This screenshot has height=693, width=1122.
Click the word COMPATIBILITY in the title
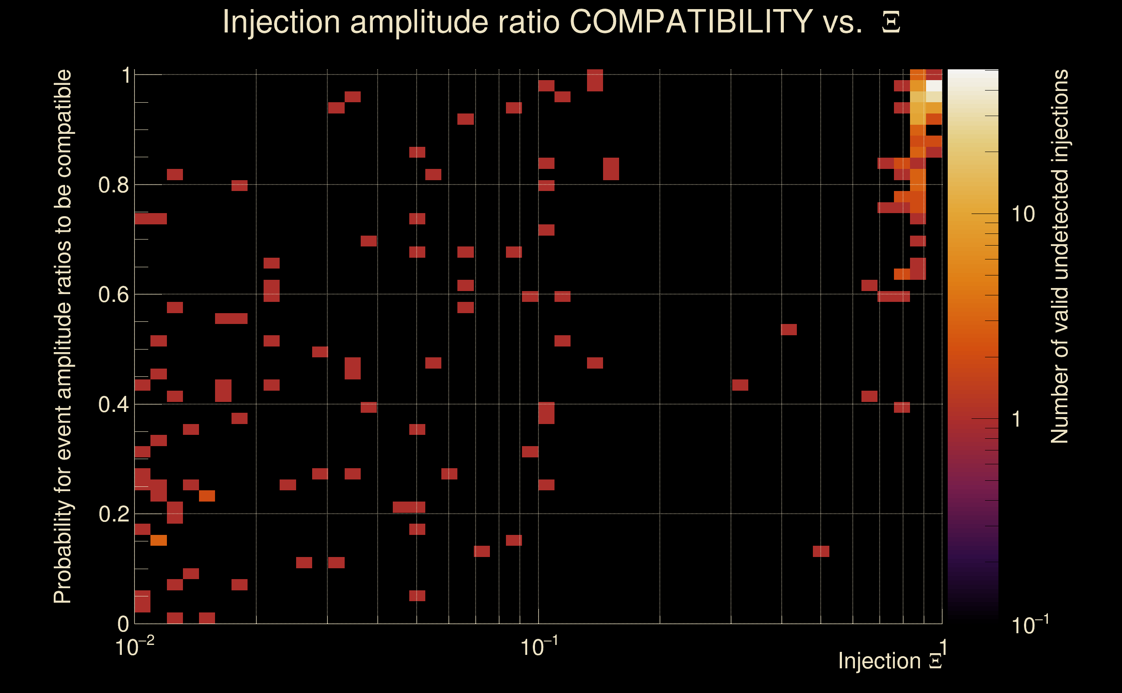point(691,22)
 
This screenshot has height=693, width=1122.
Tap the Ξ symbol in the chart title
point(891,23)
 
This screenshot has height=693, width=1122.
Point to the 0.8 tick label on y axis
point(113,185)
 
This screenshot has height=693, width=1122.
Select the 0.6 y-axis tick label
point(113,295)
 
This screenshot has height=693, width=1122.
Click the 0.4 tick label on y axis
point(113,405)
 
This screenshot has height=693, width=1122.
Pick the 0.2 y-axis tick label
point(113,514)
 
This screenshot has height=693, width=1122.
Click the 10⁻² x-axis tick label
point(134,647)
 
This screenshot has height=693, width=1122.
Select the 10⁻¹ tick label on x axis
point(538,647)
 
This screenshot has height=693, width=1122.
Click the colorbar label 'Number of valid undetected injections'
point(1059,257)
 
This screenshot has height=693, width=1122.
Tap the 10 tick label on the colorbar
point(1023,214)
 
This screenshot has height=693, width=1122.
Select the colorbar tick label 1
point(1017,419)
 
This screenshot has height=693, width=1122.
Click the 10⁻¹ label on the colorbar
point(1029,625)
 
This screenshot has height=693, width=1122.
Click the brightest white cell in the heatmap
point(934,86)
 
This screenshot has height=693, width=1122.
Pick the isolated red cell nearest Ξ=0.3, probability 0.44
point(740,385)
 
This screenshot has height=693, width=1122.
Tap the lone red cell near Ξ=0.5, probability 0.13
point(821,551)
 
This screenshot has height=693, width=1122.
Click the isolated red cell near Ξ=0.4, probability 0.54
point(789,330)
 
